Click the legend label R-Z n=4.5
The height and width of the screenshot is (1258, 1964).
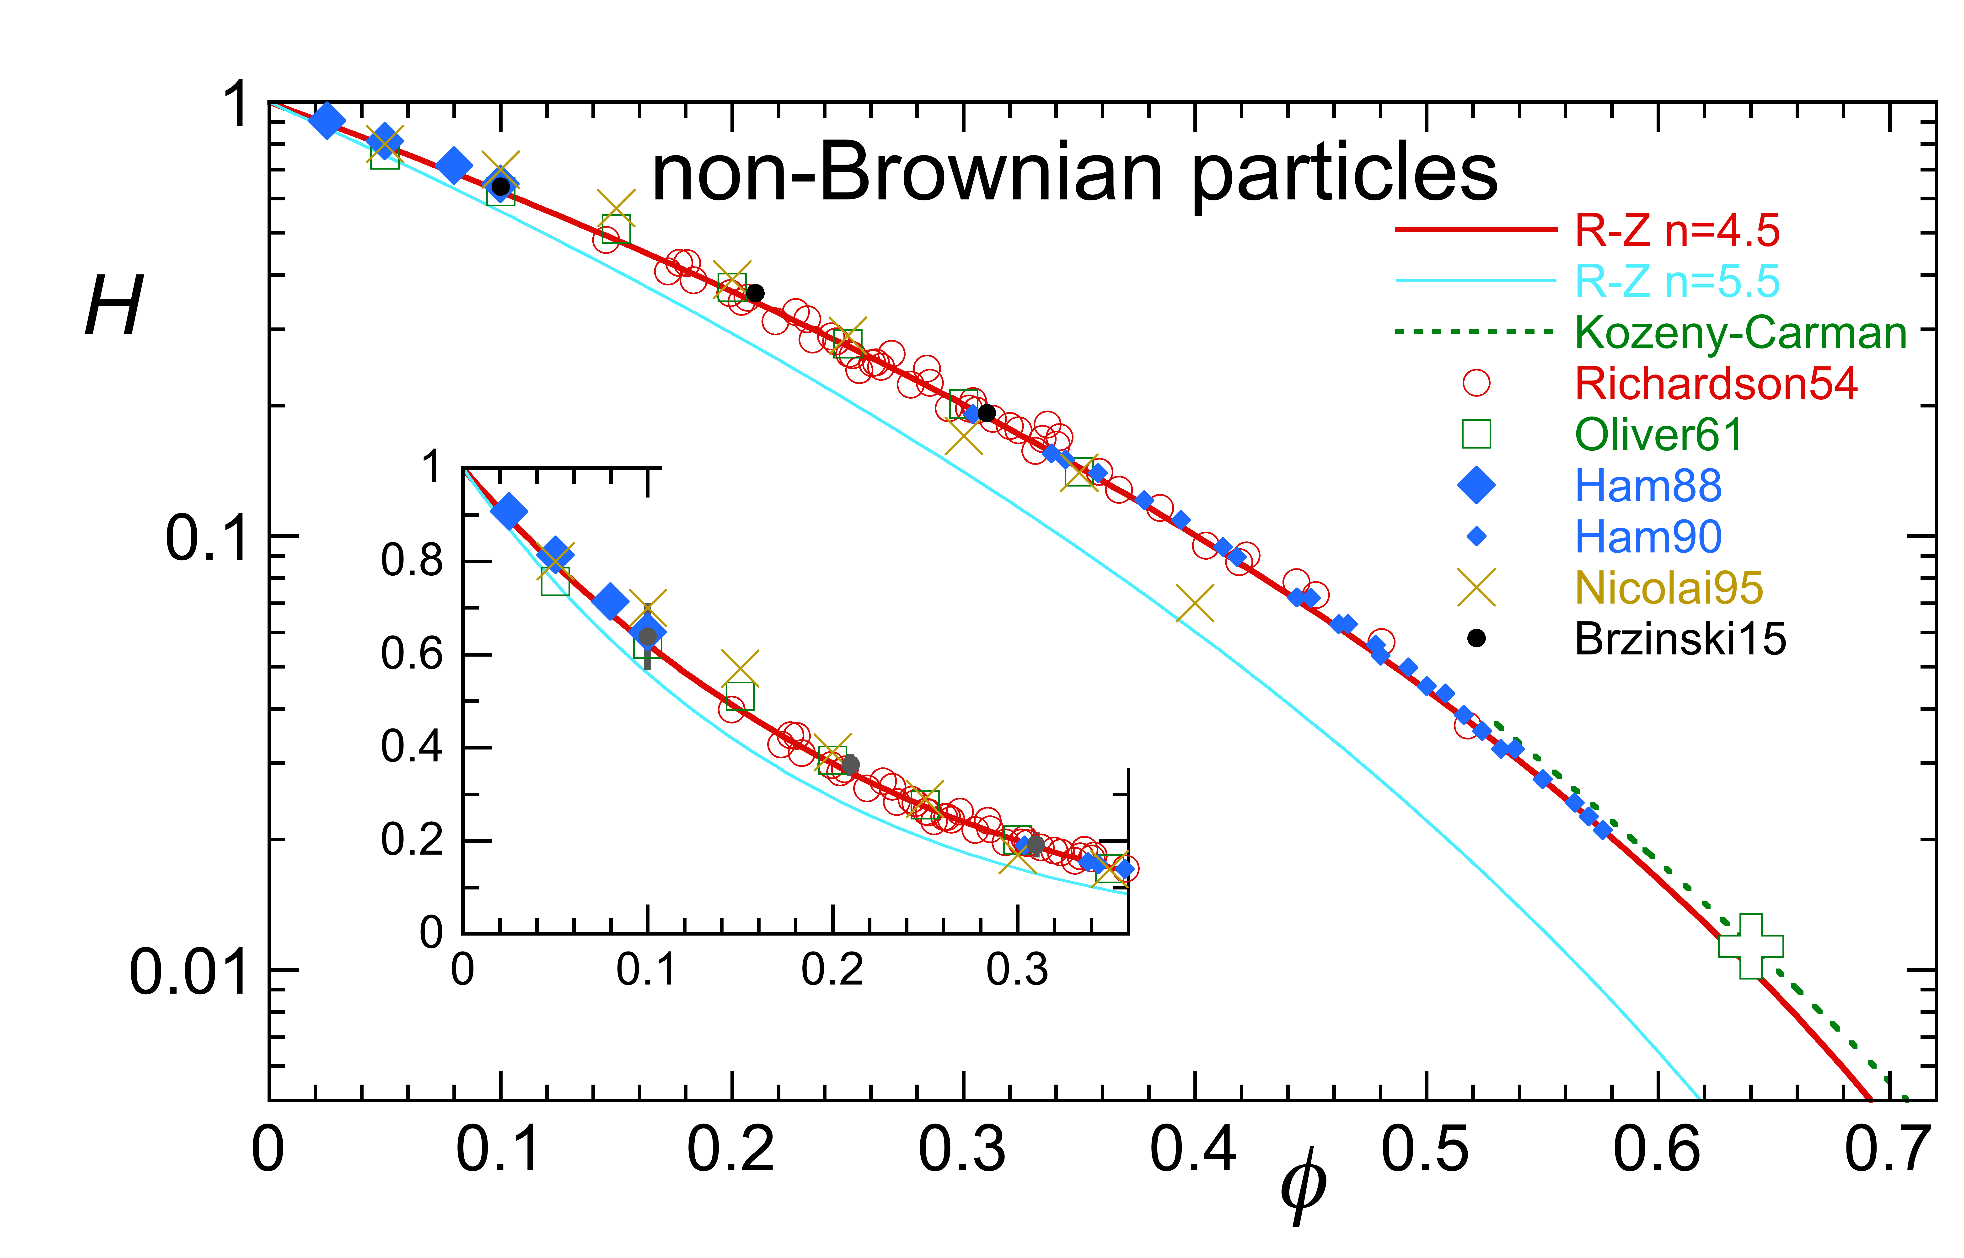pyautogui.click(x=1676, y=231)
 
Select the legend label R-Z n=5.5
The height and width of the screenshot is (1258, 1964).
pyautogui.click(x=1676, y=282)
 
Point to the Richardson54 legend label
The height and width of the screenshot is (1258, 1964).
pyautogui.click(x=1716, y=384)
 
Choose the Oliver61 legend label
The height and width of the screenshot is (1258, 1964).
pyautogui.click(x=1658, y=435)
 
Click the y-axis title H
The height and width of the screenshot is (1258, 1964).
pyautogui.click(x=114, y=306)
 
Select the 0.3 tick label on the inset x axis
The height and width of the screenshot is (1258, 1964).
pyautogui.click(x=1017, y=970)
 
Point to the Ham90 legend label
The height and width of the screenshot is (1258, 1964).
pyautogui.click(x=1648, y=537)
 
